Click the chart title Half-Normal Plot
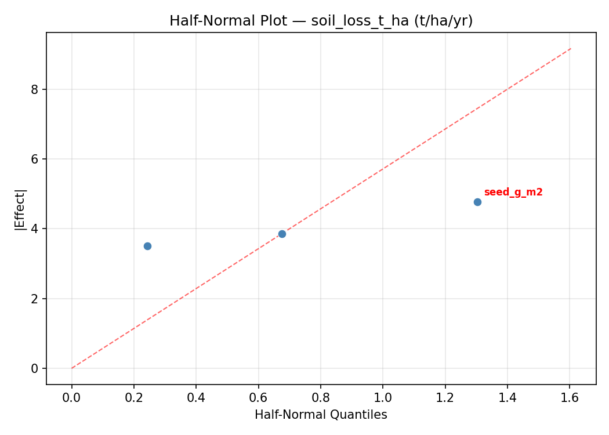pos(321,21)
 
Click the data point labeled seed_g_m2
pos(477,202)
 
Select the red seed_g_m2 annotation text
pos(513,193)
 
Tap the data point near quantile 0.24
pos(147,246)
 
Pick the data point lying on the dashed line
pos(282,234)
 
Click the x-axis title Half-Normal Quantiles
pos(321,415)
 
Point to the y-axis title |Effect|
pos(21,209)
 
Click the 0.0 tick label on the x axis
pos(72,398)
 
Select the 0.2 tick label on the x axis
pos(134,398)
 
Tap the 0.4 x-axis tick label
pos(196,398)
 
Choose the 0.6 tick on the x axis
pos(258,398)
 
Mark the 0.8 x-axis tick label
pos(321,398)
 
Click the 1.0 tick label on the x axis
pos(383,398)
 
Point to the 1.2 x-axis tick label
pos(445,398)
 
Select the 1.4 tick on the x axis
pos(507,398)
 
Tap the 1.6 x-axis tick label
pos(570,398)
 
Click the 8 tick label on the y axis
pos(35,89)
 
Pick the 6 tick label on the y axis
pos(35,159)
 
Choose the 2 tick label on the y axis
pos(35,299)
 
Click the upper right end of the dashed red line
pos(571,48)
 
